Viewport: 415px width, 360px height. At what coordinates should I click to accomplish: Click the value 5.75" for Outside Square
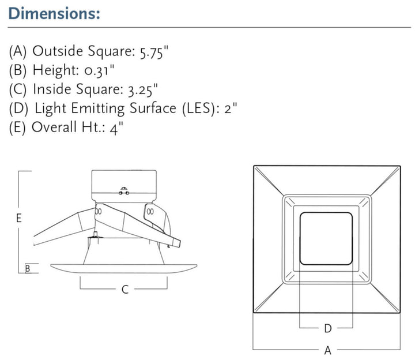[x=154, y=51]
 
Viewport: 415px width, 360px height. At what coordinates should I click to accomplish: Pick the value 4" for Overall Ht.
[x=116, y=127]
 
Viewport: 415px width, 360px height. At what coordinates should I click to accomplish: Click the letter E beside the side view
[x=18, y=219]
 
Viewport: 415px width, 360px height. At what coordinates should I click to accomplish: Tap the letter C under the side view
[x=124, y=290]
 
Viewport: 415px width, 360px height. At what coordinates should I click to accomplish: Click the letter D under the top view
[x=327, y=328]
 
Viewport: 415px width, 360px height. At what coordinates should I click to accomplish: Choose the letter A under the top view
[x=327, y=349]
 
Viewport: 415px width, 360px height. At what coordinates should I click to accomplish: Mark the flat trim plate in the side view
[x=124, y=268]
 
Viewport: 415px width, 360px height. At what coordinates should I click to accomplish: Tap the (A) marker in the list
[x=18, y=51]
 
